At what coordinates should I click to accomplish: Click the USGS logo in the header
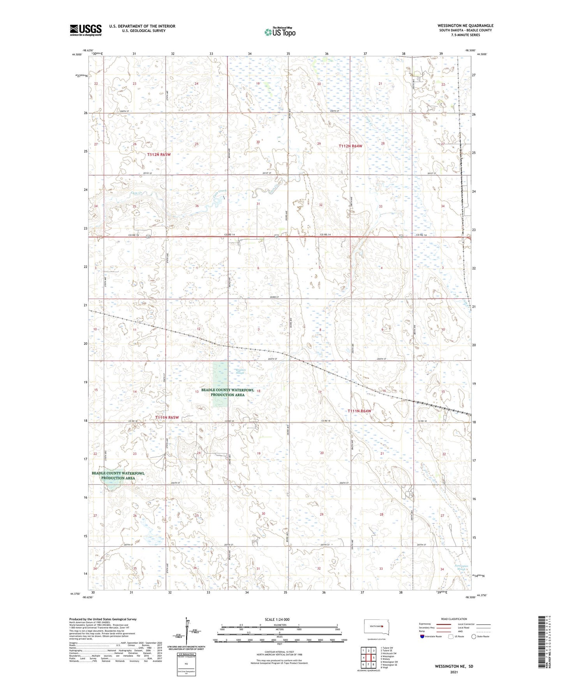tap(86, 30)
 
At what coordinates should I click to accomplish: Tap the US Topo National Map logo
tap(279, 32)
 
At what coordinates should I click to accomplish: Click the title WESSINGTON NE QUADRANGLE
tap(465, 26)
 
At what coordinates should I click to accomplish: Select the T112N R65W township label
tap(159, 155)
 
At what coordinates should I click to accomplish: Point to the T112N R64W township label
tap(350, 146)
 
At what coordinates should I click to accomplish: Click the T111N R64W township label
tap(359, 411)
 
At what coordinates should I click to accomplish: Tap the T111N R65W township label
tap(167, 418)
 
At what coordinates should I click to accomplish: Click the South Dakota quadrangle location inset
tap(374, 627)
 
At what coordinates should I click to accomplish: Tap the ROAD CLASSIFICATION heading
tap(454, 619)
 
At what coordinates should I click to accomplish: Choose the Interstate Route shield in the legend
tap(423, 636)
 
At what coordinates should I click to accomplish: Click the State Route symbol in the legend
tap(474, 636)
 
